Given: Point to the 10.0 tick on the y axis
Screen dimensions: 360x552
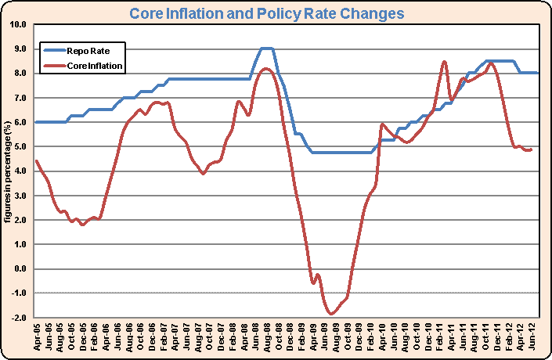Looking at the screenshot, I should [18, 24].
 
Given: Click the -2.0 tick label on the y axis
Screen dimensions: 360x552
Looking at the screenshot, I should [18, 319].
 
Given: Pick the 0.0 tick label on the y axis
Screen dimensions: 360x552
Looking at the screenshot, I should [18, 269].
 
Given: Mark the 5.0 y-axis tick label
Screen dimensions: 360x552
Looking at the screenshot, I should [18, 147].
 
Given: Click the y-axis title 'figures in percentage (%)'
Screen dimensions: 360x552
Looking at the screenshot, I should [7, 172].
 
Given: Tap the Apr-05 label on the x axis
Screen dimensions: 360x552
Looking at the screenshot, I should [38, 338].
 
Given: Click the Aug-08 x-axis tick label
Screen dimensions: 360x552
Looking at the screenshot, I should [267, 338].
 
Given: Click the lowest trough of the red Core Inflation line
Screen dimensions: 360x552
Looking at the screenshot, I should [332, 314].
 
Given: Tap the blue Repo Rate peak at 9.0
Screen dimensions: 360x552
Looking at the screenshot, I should [267, 49].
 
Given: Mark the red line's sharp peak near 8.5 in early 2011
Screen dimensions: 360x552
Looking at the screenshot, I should [445, 61].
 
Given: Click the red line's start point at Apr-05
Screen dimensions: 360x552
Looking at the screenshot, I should [37, 160].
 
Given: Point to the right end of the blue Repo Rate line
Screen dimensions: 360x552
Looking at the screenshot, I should [538, 73].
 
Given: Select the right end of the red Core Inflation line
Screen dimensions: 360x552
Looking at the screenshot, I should [532, 149].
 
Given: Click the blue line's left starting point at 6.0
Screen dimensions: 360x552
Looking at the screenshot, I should [37, 122].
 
